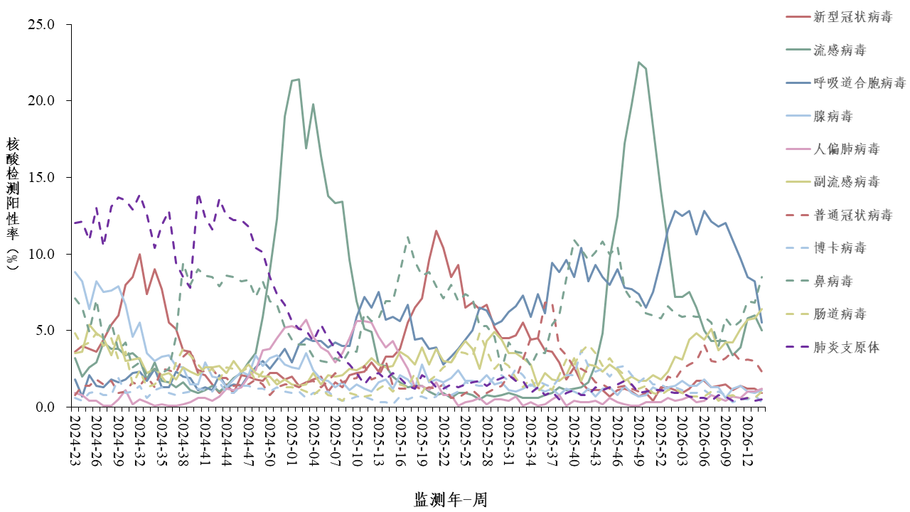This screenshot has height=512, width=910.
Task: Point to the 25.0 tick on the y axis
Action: coord(41,25)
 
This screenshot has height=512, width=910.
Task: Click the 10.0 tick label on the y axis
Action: coord(41,255)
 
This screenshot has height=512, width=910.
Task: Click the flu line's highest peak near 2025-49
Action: coord(638,62)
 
